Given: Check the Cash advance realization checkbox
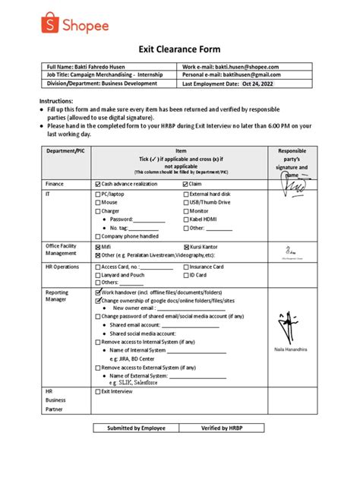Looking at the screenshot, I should coord(97,184).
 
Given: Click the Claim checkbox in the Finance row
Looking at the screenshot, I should coord(186,184).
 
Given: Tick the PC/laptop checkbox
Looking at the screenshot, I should coord(97,195).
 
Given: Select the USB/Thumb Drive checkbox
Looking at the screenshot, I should coord(186,204).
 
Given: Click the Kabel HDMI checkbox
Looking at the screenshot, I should coord(186,219).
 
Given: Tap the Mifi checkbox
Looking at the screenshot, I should coord(97,248).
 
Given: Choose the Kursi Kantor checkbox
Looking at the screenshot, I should coord(186,248).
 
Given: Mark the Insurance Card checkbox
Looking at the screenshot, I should coord(186,267).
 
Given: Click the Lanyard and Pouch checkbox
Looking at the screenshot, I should coord(97,275).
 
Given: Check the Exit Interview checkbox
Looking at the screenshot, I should coord(97,392).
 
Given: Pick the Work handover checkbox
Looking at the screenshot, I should coord(97,292).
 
